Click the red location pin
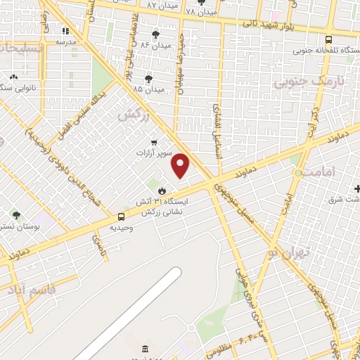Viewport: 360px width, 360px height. [181, 166]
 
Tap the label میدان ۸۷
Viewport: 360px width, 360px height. [161, 4]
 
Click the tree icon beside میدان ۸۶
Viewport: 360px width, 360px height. [155, 33]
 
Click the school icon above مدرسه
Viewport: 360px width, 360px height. [65, 31]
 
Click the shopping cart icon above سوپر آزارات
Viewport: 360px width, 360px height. [153, 143]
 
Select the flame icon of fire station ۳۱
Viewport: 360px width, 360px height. [162, 190]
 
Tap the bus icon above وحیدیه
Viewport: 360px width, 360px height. [122, 217]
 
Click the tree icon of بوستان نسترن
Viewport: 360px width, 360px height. [16, 215]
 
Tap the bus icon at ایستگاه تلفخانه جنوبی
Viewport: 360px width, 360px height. [329, 39]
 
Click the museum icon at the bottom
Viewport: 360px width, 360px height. [144, 349]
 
